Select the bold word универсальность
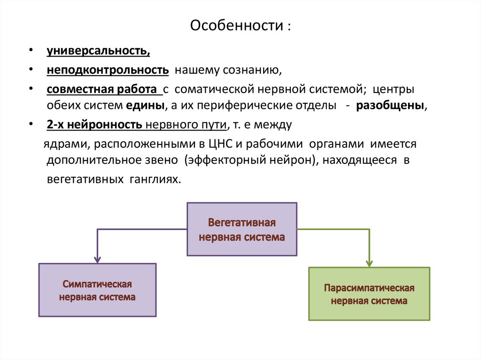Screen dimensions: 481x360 98,51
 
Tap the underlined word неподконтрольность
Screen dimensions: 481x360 108,70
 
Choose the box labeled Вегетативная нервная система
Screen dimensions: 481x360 242,229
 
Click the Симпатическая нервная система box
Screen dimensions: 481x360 97,290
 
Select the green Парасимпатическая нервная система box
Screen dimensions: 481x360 369,294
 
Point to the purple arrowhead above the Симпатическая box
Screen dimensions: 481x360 97,259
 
